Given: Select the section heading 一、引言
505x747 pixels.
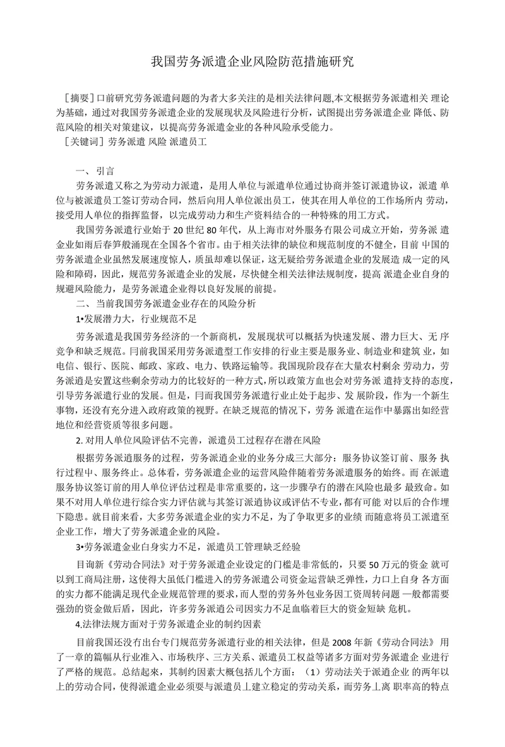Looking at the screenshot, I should pyautogui.click(x=95, y=171).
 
